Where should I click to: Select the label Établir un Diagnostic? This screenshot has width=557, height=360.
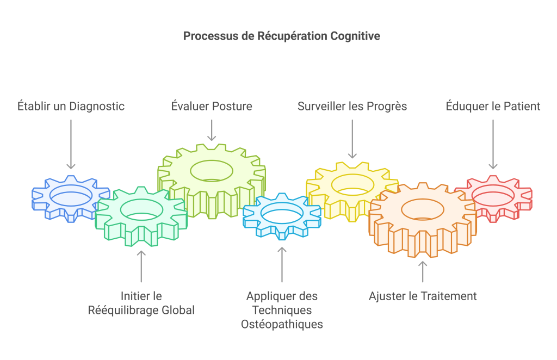coord(71,106)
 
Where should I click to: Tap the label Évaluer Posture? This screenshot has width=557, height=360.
coord(212,106)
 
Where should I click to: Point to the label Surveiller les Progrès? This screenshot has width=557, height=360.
coord(352,106)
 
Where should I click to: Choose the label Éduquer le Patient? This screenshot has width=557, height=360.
coord(493,106)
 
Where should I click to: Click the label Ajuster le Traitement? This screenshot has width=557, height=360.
coord(423,296)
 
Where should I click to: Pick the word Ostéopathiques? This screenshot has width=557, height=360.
coord(282,324)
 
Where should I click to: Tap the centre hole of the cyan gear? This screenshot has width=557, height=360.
coord(282,214)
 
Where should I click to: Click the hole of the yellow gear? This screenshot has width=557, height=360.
coord(352,184)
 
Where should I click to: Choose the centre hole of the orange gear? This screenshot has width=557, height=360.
coord(423,209)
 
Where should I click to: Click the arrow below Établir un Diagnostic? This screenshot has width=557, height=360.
coord(71,144)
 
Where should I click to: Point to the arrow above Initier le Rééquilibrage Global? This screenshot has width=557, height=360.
coord(141,266)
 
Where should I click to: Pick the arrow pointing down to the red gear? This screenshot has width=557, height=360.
coord(493,144)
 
